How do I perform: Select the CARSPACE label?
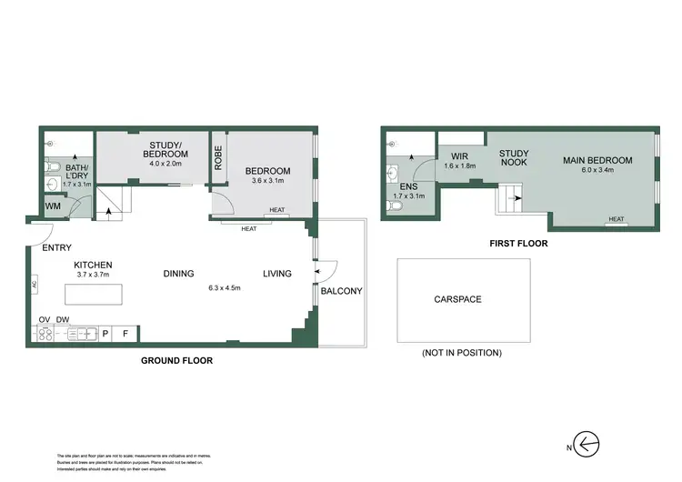coord(457,299)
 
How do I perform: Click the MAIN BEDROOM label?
coord(597,161)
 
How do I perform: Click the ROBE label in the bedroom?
coord(218,157)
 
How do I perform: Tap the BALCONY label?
coord(341,291)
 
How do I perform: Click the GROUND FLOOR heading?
coord(176,361)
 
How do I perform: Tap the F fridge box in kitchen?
coord(125,334)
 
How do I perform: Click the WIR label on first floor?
coord(458,156)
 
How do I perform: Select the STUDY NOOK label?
coord(514,158)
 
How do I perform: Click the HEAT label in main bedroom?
coord(617,219)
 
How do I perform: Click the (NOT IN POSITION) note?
coord(461,352)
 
